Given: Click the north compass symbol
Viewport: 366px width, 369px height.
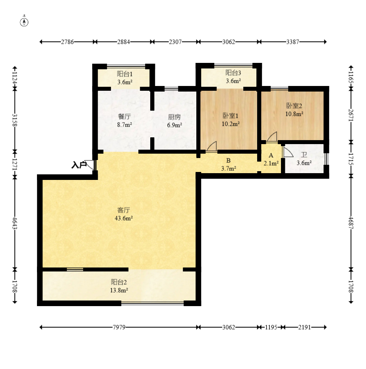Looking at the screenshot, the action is click(x=24, y=21).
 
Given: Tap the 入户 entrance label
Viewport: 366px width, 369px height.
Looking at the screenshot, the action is click(x=79, y=165).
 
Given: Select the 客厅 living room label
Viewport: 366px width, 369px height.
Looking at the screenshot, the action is click(x=124, y=210).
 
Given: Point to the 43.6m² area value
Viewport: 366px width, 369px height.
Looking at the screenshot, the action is click(x=124, y=218).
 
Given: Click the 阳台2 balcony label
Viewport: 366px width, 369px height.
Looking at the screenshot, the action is click(x=119, y=282).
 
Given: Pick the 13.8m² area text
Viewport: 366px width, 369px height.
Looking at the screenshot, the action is click(x=119, y=290).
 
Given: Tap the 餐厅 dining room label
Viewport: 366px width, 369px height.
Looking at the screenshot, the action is click(x=124, y=117).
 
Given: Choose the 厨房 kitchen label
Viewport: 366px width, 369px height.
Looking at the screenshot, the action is click(x=174, y=117).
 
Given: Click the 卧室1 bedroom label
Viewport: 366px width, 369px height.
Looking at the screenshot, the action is click(x=230, y=115).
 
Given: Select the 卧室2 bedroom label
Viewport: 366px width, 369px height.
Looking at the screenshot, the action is click(x=294, y=105).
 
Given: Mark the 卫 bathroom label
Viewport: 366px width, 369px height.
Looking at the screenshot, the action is click(x=304, y=155).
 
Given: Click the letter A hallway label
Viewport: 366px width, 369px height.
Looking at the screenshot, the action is click(x=271, y=156).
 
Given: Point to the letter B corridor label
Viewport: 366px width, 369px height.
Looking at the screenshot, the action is click(x=229, y=160).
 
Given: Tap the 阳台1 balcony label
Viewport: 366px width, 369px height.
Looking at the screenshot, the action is click(x=125, y=74).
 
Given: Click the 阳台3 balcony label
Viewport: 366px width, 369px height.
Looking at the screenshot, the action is click(x=233, y=73).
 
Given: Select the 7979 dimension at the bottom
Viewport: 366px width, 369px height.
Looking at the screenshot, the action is click(x=119, y=327).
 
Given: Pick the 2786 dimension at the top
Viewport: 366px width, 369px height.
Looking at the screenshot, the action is click(x=68, y=42).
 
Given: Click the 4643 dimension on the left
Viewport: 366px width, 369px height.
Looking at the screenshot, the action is click(x=15, y=223).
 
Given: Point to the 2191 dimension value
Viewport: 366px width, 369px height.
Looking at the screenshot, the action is click(x=304, y=327).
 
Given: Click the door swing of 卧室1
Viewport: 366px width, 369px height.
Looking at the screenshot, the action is click(x=211, y=146).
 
